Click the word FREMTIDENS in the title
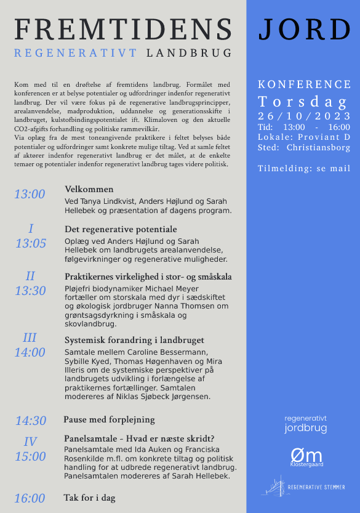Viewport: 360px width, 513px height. click(123, 30)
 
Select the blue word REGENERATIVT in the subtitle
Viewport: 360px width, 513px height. click(76, 53)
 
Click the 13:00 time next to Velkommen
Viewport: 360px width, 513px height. click(30, 195)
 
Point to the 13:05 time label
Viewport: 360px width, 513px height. click(31, 243)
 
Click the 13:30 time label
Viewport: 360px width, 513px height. click(30, 291)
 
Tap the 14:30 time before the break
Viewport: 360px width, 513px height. click(31, 421)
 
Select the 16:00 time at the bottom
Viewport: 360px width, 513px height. click(30, 498)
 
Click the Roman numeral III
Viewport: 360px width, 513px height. click(30, 338)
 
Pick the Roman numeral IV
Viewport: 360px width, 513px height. click(30, 442)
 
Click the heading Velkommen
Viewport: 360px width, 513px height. click(89, 189)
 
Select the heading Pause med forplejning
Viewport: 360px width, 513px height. click(109, 419)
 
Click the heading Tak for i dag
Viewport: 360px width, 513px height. click(89, 498)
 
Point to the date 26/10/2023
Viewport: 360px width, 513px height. click(305, 116)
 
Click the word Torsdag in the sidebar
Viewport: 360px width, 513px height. click(303, 102)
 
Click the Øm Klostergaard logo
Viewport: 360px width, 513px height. click(306, 456)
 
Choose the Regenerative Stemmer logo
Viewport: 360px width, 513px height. click(305, 487)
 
